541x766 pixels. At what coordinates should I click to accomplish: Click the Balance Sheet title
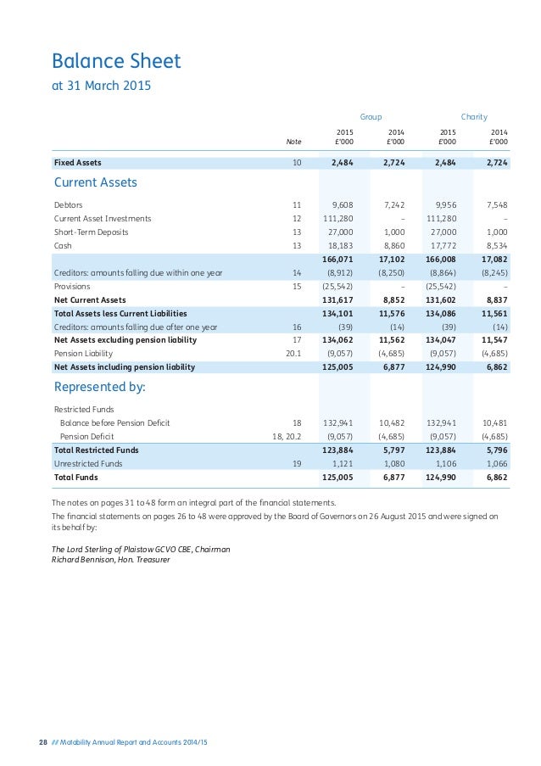pyautogui.click(x=116, y=61)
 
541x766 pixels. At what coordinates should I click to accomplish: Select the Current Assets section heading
pyautogui.click(x=96, y=182)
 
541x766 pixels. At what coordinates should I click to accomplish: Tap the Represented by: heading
pyautogui.click(x=100, y=388)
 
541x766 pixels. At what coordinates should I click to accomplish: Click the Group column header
pyautogui.click(x=371, y=116)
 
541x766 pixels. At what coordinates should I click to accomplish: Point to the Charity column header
pyautogui.click(x=474, y=116)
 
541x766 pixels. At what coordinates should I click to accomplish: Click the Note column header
pyautogui.click(x=293, y=142)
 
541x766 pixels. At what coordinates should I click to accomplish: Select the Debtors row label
pyautogui.click(x=69, y=204)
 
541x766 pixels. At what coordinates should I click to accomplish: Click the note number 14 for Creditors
pyautogui.click(x=296, y=272)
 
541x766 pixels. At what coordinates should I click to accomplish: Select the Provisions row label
pyautogui.click(x=72, y=286)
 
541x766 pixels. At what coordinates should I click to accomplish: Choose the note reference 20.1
pyautogui.click(x=293, y=353)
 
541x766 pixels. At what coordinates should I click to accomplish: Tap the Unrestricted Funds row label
pyautogui.click(x=88, y=463)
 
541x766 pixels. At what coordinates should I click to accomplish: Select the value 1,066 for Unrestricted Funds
pyautogui.click(x=497, y=463)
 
